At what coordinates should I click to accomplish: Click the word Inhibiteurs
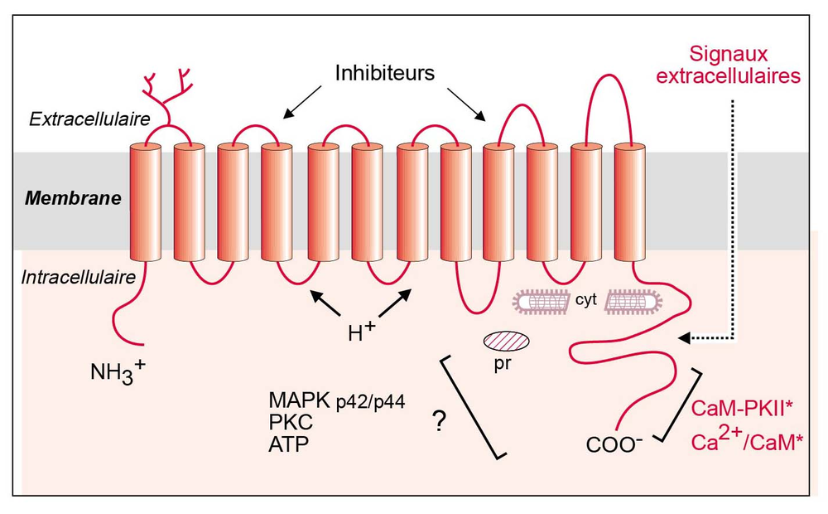384,73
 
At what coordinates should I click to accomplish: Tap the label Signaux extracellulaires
728,65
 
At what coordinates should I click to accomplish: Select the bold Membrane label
73,198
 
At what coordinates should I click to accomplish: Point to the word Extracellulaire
89,119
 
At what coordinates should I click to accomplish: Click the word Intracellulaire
78,277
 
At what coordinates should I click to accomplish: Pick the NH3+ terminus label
118,371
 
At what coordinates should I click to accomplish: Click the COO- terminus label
614,444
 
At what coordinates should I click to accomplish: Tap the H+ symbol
362,332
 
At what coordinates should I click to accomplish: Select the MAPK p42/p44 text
337,401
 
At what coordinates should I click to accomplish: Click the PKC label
291,422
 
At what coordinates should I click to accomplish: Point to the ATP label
288,444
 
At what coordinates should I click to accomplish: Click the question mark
440,421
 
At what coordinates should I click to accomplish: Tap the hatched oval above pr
507,341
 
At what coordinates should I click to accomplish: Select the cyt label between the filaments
586,300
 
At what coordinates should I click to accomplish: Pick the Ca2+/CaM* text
747,439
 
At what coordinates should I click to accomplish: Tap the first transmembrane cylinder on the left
145,201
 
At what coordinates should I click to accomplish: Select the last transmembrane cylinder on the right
629,201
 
